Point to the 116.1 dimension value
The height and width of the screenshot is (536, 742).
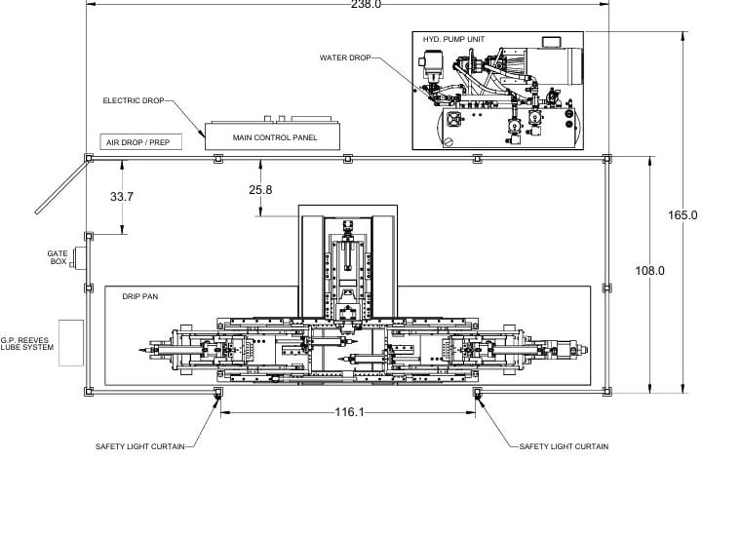pyautogui.click(x=349, y=412)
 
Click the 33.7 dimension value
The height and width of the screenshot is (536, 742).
pyautogui.click(x=122, y=196)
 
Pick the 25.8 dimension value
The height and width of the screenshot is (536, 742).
pyautogui.click(x=260, y=189)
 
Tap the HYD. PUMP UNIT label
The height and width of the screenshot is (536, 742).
pyautogui.click(x=453, y=39)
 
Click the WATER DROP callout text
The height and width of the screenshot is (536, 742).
pyautogui.click(x=345, y=57)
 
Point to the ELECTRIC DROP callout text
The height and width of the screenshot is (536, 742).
pyautogui.click(x=134, y=100)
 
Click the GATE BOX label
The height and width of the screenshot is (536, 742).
pyautogui.click(x=58, y=257)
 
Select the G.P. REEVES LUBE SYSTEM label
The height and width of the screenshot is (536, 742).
pyautogui.click(x=28, y=344)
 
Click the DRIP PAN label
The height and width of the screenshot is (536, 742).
pyautogui.click(x=139, y=295)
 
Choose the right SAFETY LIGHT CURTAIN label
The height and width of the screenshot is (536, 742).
pyautogui.click(x=564, y=446)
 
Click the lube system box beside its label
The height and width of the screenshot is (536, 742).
pyautogui.click(x=70, y=342)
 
